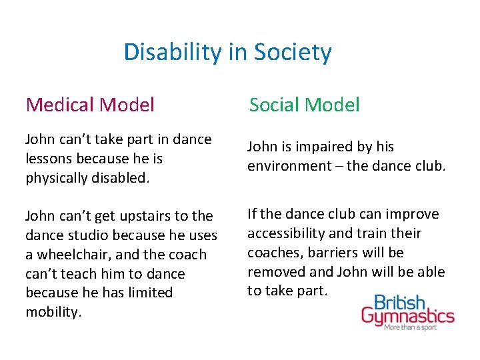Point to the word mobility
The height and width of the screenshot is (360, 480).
(x=52, y=312)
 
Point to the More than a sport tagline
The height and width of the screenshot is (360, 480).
(x=419, y=329)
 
